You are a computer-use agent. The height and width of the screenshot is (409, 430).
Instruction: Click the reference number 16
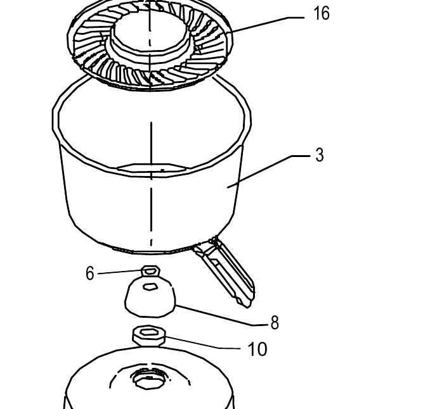(321, 13)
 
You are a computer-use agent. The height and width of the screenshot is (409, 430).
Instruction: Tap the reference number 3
(320, 155)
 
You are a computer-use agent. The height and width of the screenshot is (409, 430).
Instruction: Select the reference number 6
(90, 274)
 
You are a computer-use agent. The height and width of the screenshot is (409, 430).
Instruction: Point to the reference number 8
(275, 322)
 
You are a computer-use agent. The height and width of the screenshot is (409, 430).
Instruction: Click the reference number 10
(257, 349)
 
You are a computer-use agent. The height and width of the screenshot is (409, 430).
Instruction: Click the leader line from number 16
(265, 25)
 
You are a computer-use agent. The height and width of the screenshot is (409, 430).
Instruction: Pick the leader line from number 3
(268, 172)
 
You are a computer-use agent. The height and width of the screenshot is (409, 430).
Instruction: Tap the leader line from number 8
(221, 315)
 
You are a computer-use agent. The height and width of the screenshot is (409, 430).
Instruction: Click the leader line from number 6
(120, 272)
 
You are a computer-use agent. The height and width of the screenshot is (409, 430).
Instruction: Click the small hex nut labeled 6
(150, 271)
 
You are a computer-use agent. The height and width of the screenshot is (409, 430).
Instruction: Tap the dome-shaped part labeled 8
(150, 297)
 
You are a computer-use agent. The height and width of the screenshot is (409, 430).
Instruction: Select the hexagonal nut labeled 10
(149, 336)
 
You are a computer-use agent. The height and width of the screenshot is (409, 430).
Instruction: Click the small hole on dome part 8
(150, 287)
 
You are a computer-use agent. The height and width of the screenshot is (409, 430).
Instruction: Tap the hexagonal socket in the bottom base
(148, 379)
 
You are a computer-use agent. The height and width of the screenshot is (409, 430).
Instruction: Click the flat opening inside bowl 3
(152, 168)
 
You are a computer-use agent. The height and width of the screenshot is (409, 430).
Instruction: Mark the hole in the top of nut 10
(148, 332)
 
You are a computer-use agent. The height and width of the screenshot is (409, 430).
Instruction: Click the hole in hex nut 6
(150, 271)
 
